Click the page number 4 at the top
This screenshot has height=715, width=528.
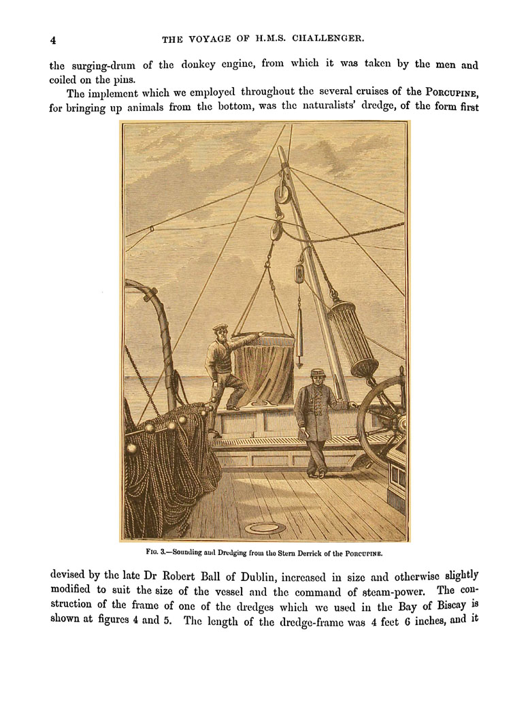tap(53, 39)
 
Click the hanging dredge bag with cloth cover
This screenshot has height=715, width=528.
tap(265, 368)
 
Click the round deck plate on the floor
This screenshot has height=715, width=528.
tap(265, 528)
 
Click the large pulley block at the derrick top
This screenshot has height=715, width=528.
tap(280, 193)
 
